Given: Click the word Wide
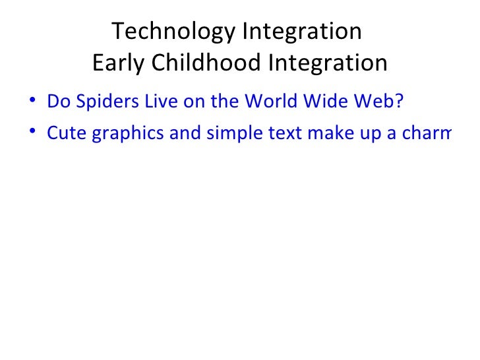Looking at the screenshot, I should pos(321,102).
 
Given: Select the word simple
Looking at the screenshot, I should pos(231,134).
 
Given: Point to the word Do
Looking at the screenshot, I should pos(57,102).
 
